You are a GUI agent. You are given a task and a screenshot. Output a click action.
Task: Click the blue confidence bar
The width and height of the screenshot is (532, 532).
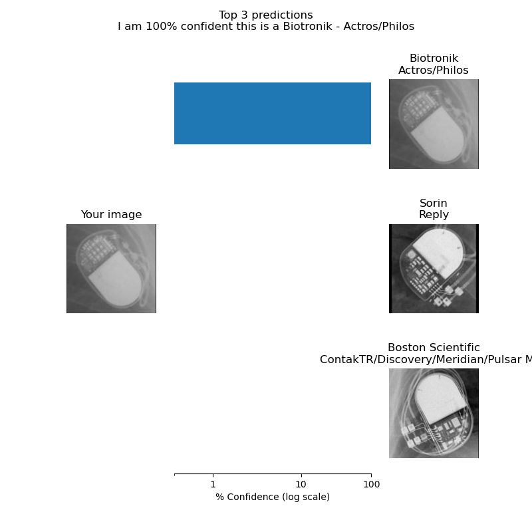pyautogui.click(x=273, y=113)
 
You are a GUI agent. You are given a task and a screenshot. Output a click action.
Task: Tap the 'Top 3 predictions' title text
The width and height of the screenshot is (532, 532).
pyautogui.click(x=266, y=15)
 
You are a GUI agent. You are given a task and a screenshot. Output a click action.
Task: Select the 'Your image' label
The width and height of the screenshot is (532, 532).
pyautogui.click(x=111, y=215)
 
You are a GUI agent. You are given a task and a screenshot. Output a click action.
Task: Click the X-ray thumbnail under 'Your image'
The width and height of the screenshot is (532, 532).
pyautogui.click(x=111, y=268)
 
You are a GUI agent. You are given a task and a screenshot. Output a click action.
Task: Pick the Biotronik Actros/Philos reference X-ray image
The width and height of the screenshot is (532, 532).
pyautogui.click(x=434, y=124)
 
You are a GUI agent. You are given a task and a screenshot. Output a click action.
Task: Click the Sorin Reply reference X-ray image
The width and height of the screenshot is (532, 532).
pyautogui.click(x=434, y=268)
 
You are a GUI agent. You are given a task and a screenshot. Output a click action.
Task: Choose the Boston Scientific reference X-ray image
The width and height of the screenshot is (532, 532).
pyautogui.click(x=434, y=413)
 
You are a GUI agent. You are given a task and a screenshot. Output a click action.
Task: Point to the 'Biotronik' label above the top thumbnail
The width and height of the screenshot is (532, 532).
pyautogui.click(x=434, y=59)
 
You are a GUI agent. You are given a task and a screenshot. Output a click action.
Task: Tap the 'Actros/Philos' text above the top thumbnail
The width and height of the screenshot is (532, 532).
pyautogui.click(x=434, y=70)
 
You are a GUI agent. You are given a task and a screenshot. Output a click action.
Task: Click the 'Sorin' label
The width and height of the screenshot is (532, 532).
pyautogui.click(x=434, y=203)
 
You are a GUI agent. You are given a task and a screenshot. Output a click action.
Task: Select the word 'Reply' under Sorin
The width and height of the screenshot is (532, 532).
pyautogui.click(x=434, y=215)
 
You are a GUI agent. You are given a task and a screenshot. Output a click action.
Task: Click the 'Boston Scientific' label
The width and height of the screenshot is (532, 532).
pyautogui.click(x=434, y=348)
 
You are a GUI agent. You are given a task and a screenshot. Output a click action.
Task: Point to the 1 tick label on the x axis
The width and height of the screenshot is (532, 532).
pyautogui.click(x=213, y=484)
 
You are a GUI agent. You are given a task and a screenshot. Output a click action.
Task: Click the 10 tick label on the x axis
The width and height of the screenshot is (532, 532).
pyautogui.click(x=301, y=484)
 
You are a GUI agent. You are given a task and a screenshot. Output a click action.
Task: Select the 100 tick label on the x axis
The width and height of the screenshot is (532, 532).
pyautogui.click(x=371, y=484)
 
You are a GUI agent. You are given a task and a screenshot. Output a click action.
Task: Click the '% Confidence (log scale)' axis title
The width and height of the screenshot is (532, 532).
pyautogui.click(x=273, y=497)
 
